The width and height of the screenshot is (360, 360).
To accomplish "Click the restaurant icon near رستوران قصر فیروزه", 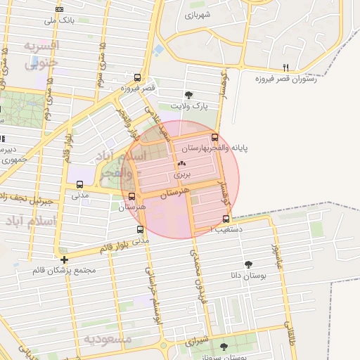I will point(285,67).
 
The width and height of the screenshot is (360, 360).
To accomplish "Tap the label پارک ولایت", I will point(191,105).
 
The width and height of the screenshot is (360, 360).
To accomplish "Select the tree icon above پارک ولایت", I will point(188,95).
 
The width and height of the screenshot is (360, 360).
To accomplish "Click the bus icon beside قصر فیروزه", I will point(137,78).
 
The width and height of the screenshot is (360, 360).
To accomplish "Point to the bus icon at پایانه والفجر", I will point(214,138).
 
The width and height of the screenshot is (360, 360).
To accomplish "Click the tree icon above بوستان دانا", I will point(248,264).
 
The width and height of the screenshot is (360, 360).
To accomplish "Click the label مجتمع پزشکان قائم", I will point(65,270).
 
